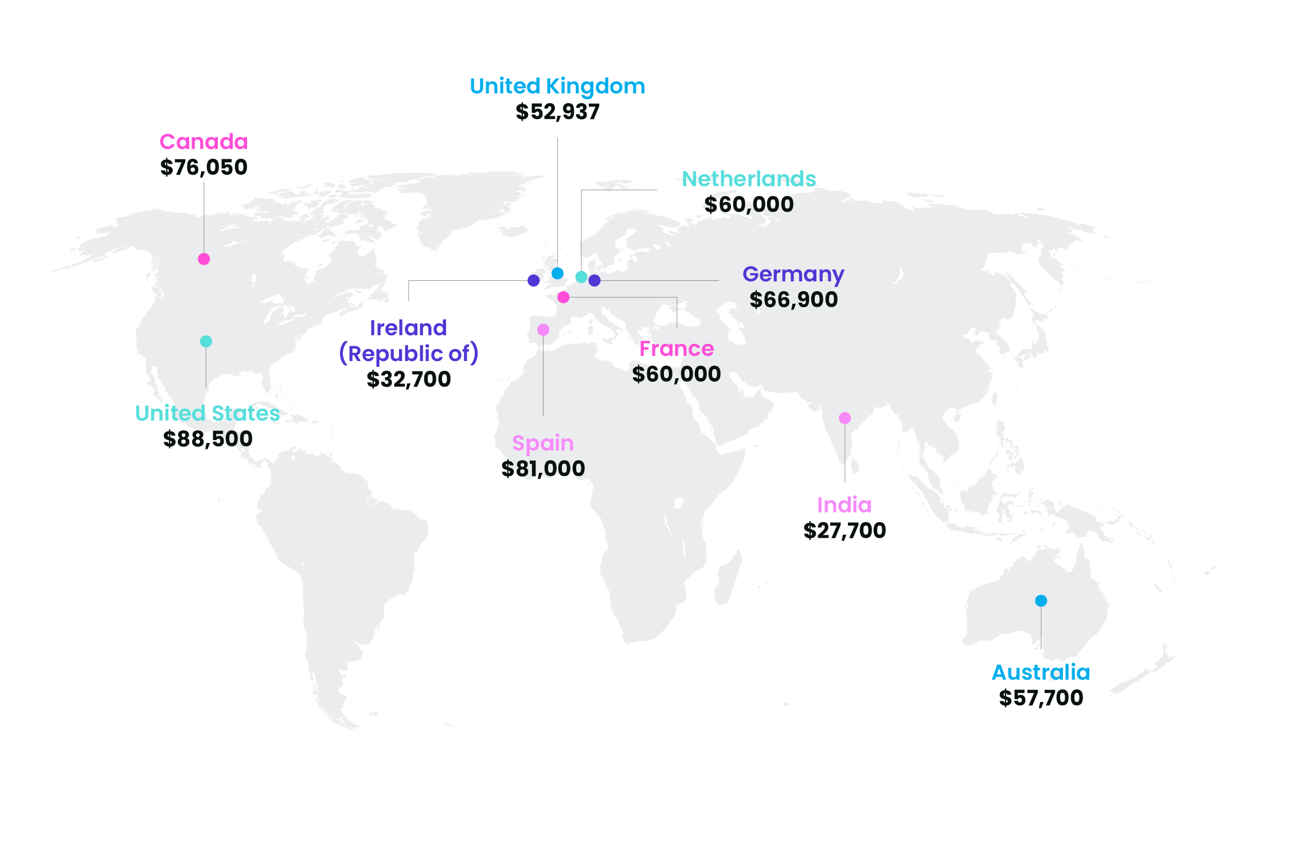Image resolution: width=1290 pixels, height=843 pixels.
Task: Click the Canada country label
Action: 204,142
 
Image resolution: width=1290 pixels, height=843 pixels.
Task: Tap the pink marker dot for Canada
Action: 204,259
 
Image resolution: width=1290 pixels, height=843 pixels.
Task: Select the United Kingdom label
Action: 557,87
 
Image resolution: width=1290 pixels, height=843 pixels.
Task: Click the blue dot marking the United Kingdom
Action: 557,273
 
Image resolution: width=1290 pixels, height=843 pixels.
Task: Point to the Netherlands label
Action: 749,179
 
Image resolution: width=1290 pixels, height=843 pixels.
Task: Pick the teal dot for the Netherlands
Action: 581,277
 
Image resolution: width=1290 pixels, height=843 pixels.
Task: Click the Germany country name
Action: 793,275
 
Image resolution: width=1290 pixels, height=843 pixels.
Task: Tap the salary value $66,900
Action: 793,300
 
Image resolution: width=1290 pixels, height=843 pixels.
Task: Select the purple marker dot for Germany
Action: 595,280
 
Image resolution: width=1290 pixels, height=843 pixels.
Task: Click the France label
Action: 677,348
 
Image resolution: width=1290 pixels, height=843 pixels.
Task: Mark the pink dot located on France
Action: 564,297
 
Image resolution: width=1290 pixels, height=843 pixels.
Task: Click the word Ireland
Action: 408,328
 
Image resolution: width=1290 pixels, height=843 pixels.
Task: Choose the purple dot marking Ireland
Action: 534,280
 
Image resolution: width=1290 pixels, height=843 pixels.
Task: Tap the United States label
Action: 207,413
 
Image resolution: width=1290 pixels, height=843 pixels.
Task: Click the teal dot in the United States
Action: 206,342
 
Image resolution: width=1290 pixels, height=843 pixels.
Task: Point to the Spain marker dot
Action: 543,330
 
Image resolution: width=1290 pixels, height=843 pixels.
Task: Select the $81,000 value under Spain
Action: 543,469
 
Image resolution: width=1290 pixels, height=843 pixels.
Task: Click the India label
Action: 844,505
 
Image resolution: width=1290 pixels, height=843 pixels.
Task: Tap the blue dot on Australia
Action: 1041,601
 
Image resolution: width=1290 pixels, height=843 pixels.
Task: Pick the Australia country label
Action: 1041,672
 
